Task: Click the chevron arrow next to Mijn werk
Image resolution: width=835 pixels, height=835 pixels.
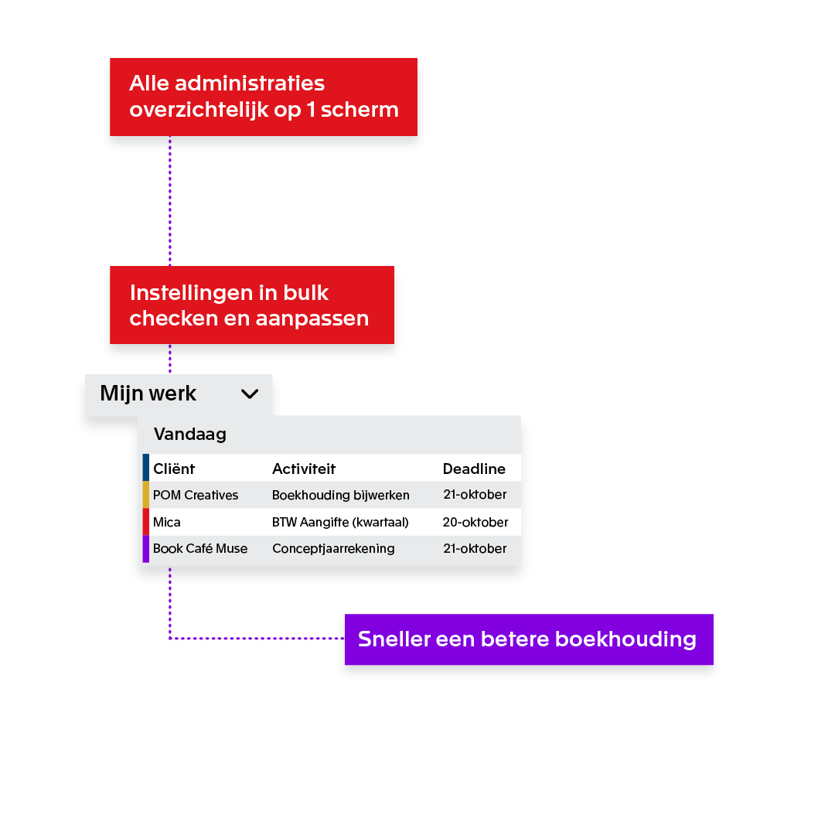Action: coord(249,394)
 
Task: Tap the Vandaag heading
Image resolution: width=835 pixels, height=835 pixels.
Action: coord(190,435)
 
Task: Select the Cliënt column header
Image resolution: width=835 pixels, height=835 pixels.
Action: coord(174,469)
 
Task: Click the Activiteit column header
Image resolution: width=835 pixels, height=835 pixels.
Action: coord(304,469)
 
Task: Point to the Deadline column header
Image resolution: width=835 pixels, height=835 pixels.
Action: coord(474,469)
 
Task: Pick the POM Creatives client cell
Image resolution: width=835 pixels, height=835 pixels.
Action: coord(196,496)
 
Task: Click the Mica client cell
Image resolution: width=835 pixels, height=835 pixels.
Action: coord(167,523)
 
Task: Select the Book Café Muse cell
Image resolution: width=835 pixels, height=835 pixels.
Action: coord(200,548)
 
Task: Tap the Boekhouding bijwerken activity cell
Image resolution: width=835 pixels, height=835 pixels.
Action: coord(341,496)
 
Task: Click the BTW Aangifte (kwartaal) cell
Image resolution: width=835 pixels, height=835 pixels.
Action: coord(340,523)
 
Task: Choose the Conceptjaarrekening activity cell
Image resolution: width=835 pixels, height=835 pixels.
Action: coord(333,549)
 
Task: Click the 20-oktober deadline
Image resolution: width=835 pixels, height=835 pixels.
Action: coord(475,523)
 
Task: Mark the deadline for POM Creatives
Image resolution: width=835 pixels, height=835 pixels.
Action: coord(475,495)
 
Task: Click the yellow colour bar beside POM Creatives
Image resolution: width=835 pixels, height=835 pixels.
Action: coord(146,495)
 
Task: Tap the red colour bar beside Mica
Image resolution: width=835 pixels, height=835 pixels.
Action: coord(146,522)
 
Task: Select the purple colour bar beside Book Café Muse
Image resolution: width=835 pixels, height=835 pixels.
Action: coord(146,549)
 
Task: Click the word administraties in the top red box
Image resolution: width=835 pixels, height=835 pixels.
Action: coord(250,83)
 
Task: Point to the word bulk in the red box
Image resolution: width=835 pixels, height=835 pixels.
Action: coord(305,293)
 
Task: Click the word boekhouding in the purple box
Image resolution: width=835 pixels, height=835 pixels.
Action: coord(625,640)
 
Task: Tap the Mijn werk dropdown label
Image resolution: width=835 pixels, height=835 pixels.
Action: coord(148,394)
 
